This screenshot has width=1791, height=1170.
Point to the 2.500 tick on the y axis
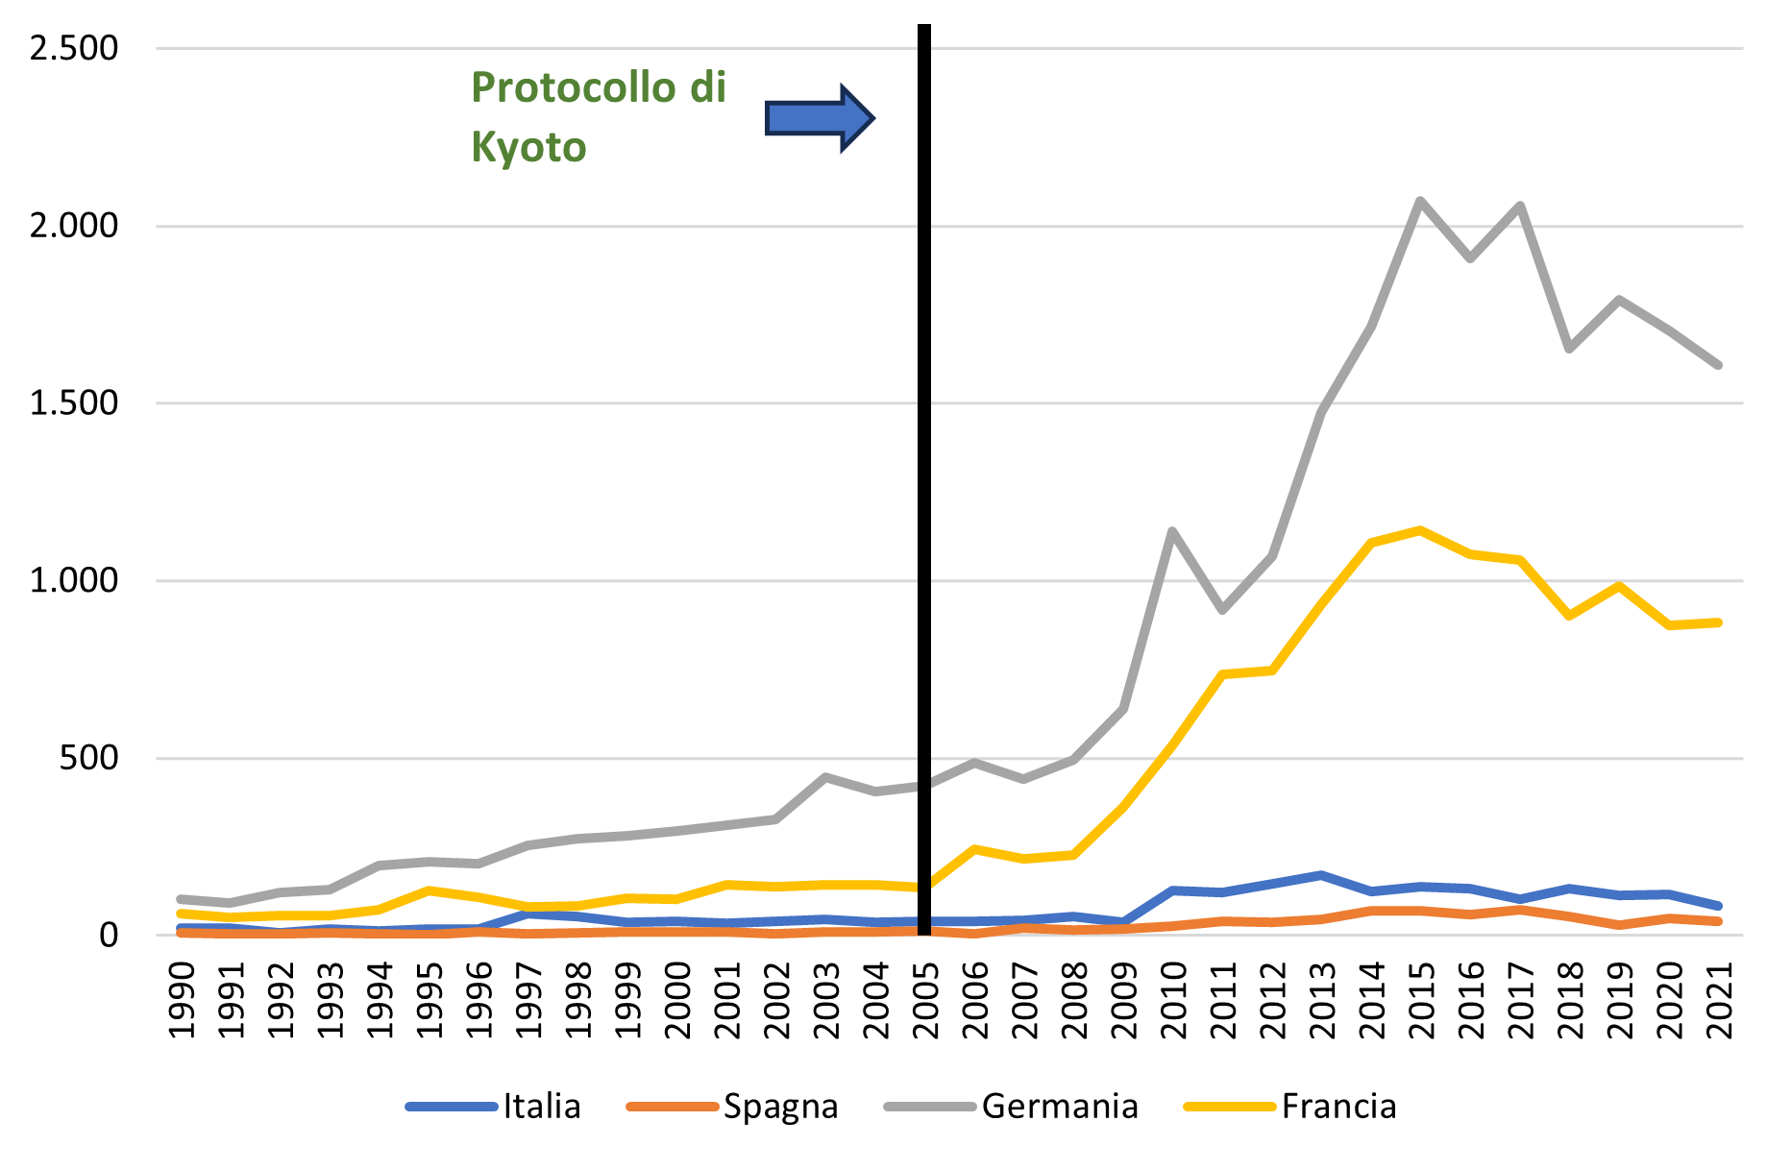[74, 48]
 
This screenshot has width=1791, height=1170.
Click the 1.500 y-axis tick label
[74, 403]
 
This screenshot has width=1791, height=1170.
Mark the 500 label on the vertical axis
[88, 758]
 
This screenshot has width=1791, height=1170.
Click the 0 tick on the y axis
[108, 935]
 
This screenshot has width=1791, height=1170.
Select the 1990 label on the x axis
[182, 1000]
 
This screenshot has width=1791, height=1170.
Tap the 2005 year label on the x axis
[925, 1000]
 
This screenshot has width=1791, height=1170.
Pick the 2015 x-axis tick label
[1421, 1000]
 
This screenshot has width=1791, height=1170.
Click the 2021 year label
[1719, 1000]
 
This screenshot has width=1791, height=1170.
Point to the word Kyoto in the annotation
[528, 148]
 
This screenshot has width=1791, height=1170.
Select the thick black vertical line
[924, 480]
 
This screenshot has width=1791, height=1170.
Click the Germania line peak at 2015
[1420, 201]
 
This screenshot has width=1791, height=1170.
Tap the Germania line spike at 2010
[1172, 531]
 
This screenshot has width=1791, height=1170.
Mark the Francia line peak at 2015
[1420, 530]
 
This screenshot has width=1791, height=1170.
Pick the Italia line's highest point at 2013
[1321, 875]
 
